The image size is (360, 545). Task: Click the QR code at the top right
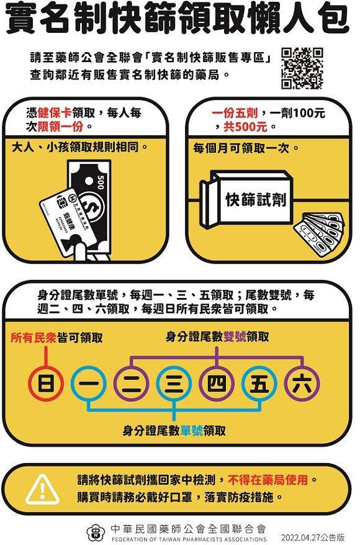pyautogui.click(x=302, y=68)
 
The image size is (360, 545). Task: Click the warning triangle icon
pyautogui.click(x=43, y=490)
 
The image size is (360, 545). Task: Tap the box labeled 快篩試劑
pyautogui.click(x=248, y=199)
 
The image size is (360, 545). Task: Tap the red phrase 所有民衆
pyautogui.click(x=34, y=338)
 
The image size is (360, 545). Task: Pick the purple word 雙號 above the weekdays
pyautogui.click(x=235, y=336)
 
